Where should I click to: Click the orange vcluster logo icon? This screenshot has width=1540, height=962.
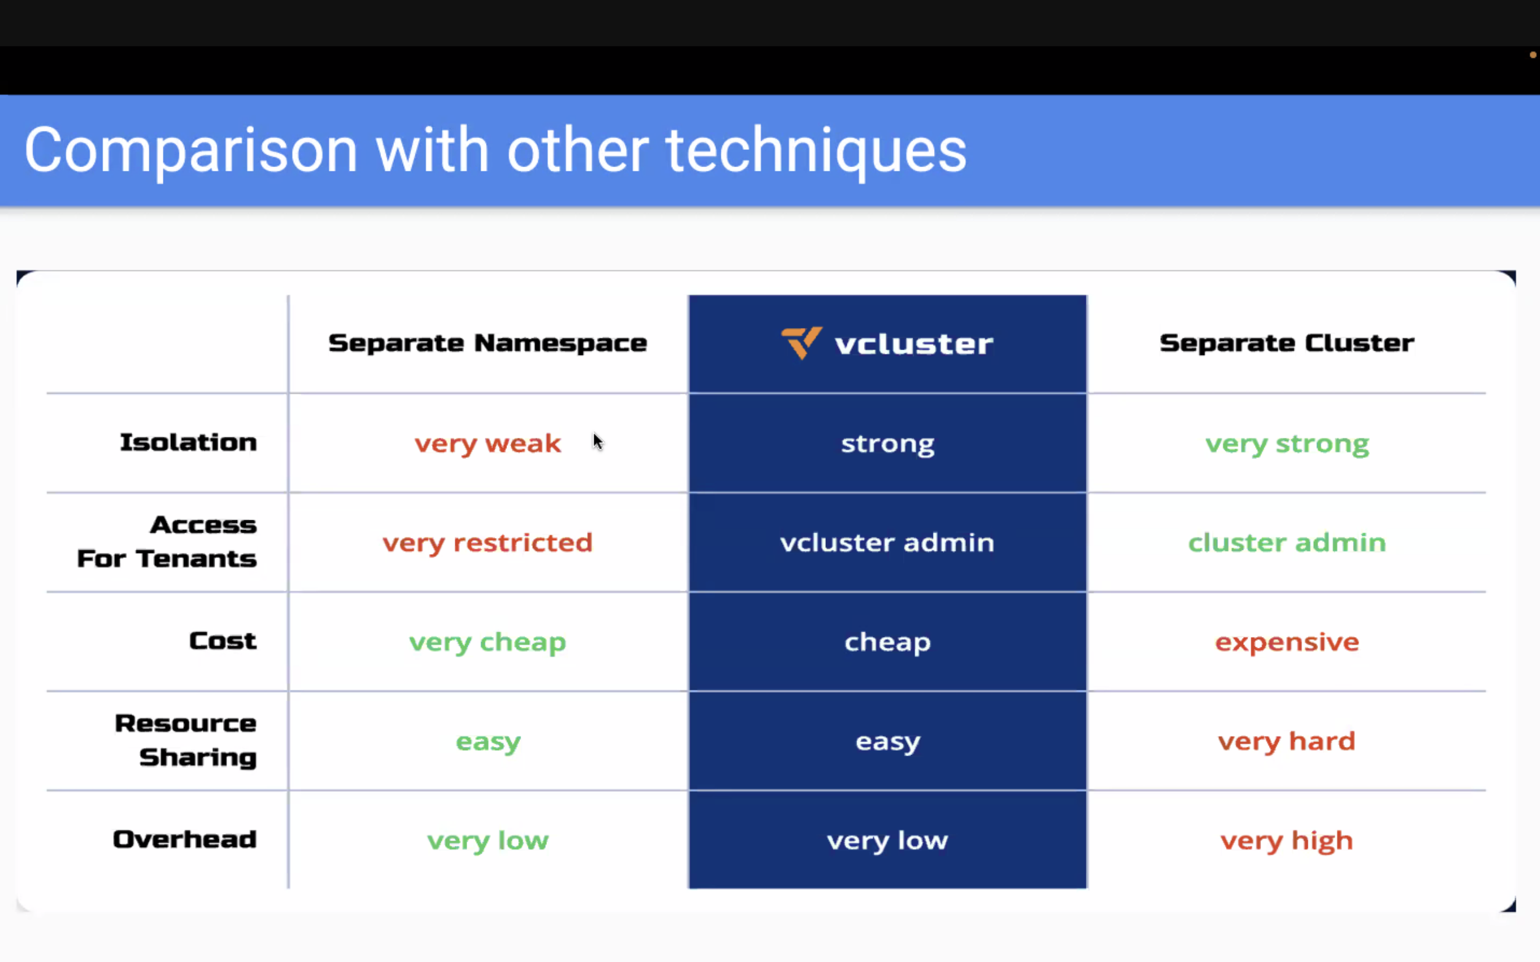pos(801,343)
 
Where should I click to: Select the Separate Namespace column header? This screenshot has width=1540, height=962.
pos(487,343)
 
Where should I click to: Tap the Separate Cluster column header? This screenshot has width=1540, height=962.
pos(1287,343)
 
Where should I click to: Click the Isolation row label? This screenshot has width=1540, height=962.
pos(189,442)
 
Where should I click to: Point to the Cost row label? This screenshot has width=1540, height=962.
pos(222,641)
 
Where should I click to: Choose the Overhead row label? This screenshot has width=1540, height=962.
pos(184,839)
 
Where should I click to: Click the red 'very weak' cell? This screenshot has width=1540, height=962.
pos(487,444)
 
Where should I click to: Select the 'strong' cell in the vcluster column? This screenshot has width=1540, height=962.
pos(888,444)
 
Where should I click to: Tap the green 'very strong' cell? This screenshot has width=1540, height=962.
pos(1287,444)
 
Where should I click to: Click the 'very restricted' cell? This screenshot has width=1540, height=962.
pos(487,542)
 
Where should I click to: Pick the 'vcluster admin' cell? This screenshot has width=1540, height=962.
pos(887,542)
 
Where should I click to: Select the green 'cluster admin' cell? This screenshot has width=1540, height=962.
pos(1287,542)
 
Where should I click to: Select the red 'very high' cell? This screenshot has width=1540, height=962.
pos(1287,841)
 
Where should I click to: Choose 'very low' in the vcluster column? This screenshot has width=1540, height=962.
pos(887,841)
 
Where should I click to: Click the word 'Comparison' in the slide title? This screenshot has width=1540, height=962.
pos(191,151)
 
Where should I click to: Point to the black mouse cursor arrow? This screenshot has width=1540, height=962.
pos(597,441)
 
